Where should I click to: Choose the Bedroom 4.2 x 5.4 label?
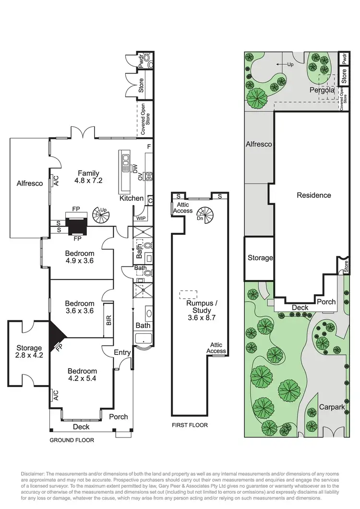tap(82, 375)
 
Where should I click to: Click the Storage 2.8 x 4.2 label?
tap(29, 351)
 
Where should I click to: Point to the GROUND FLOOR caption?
tap(72, 439)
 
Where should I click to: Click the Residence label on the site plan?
tap(313, 195)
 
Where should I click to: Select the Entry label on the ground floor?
tap(122, 352)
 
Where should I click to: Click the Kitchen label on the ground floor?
tap(131, 198)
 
